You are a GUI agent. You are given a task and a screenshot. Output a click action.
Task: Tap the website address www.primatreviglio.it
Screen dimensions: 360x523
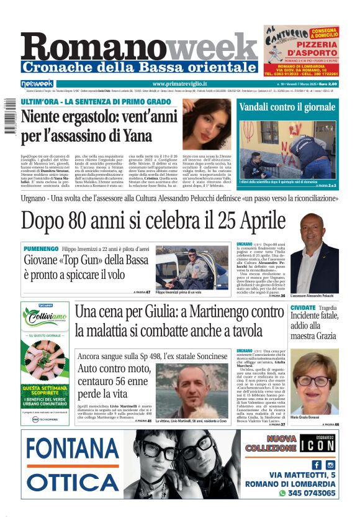pos(179,84)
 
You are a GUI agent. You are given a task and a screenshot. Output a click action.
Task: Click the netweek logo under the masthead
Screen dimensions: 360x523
pos(37,84)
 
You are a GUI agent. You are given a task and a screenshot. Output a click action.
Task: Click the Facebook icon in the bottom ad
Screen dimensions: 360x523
pos(317,465)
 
